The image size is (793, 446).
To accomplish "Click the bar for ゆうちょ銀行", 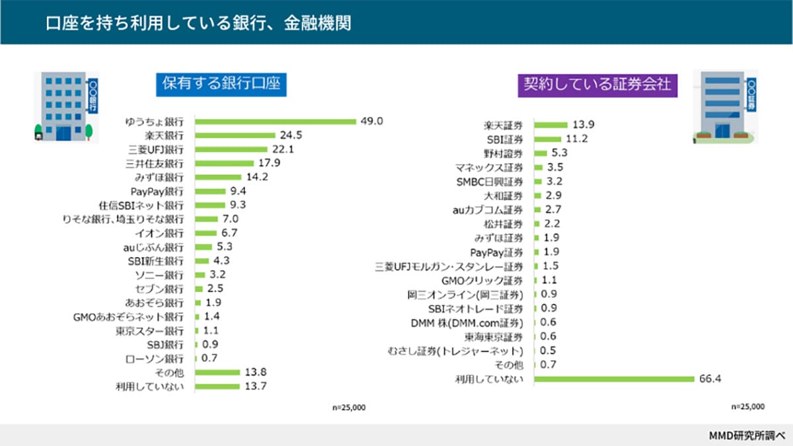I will point(276,122).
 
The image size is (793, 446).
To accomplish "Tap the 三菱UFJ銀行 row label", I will point(155,149).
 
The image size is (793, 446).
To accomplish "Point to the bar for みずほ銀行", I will point(219,177).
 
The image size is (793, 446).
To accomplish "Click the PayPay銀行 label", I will point(157,191).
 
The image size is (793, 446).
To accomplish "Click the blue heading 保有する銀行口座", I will point(221,84).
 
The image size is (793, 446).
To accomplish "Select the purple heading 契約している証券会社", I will point(597,84).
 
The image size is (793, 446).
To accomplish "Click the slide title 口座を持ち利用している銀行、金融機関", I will point(198,23).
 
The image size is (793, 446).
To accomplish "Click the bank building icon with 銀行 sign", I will point(65,106).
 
